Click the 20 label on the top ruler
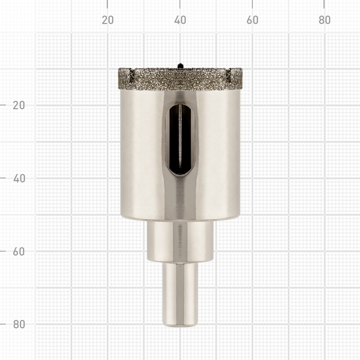point(108,20)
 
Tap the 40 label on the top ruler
point(180,20)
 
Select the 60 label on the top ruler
point(252,20)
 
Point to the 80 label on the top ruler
point(324,20)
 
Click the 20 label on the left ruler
point(19,105)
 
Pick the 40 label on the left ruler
point(19,178)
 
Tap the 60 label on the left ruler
point(19,252)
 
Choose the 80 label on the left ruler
point(19,324)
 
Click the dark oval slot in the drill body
point(180,139)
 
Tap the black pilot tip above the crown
point(180,66)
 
